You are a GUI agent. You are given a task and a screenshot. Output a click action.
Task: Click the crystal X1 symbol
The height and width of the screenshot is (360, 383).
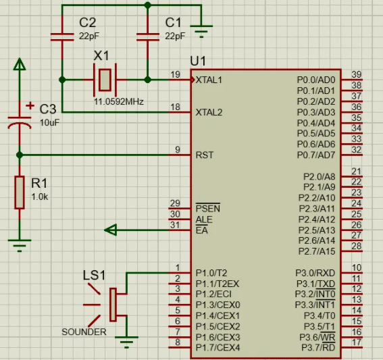pos(105,80)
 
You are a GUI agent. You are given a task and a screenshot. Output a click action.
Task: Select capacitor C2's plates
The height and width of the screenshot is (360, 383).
pos(62,37)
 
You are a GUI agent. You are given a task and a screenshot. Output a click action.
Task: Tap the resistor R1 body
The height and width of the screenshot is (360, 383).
pos(20,192)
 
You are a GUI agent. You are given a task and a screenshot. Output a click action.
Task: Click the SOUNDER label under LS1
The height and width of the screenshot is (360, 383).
pos(84,332)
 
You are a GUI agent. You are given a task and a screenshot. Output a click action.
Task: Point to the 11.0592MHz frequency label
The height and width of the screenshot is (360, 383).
pos(119,101)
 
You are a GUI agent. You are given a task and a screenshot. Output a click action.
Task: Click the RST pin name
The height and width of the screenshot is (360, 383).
pos(205,155)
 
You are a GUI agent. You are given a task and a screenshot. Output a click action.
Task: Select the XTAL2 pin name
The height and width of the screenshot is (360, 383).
pos(209,112)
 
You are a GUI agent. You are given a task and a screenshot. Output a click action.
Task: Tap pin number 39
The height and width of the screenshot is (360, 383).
pos(357,74)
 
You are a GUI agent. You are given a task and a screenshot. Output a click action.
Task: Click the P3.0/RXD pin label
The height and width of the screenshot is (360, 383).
pos(315,273)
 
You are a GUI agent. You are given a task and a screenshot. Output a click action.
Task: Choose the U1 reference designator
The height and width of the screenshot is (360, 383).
pos(198,61)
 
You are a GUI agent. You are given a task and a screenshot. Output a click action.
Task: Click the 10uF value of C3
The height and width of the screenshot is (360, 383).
pos(49,123)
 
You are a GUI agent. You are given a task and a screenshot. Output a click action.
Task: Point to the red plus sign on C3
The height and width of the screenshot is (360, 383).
pos(30,106)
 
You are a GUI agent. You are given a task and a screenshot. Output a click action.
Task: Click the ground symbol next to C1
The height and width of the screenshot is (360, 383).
pos(201,32)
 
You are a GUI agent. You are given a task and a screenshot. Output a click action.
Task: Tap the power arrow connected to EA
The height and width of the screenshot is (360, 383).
pos(110,230)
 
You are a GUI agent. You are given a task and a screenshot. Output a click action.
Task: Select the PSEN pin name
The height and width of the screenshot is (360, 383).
pos(208,208)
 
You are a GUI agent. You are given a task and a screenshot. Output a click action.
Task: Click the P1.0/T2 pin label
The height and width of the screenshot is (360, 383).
pos(211,273)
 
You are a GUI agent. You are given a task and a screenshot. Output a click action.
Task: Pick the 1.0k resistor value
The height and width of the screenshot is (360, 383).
pos(40,197)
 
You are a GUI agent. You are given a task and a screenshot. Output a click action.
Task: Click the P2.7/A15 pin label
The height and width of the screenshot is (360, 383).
pos(317,251)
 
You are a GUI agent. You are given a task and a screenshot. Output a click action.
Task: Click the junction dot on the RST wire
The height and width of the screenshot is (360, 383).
pos(20,155)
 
